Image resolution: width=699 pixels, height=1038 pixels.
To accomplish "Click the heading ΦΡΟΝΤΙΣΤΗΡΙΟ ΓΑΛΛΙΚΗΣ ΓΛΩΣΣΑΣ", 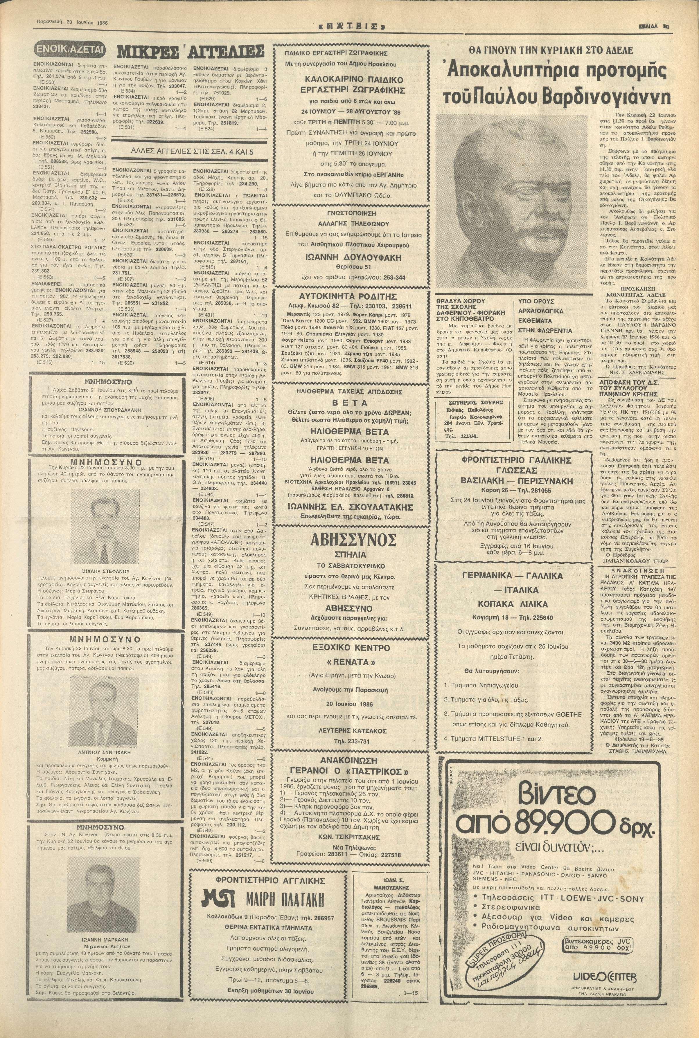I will (x=516, y=465).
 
